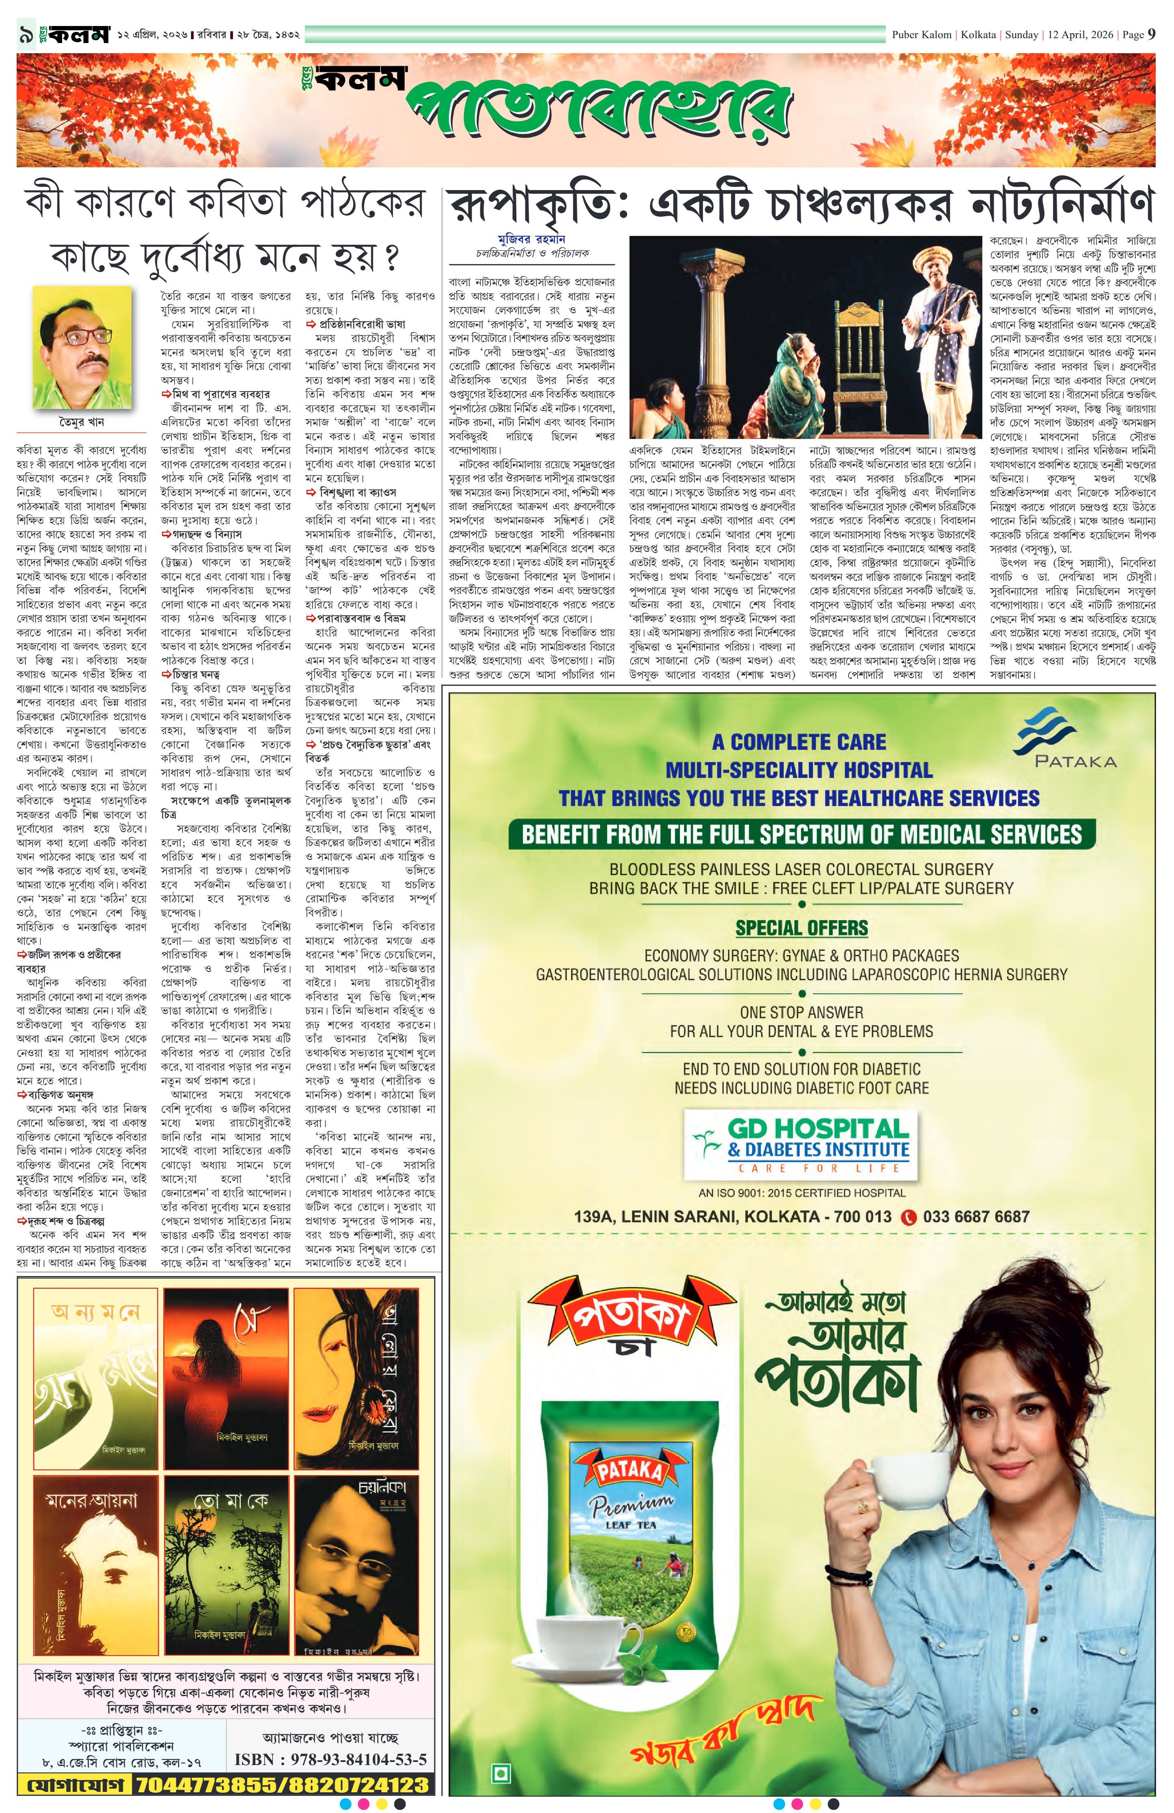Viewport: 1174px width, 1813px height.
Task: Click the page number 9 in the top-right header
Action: point(1151,34)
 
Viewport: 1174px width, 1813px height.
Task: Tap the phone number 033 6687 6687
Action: point(975,1216)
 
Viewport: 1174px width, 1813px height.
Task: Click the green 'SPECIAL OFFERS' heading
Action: point(801,928)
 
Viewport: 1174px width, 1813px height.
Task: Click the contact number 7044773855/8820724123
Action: point(282,1785)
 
